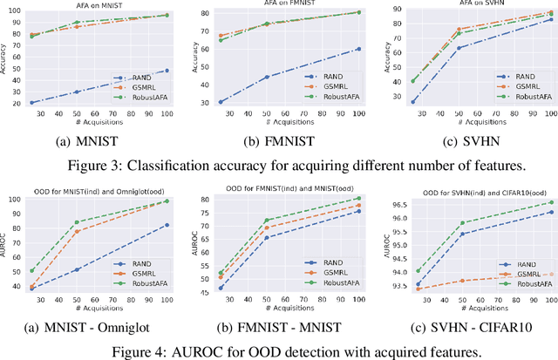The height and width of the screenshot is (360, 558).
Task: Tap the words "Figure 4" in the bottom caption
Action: point(138,351)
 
